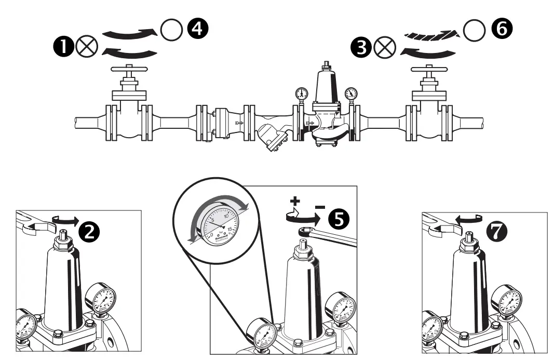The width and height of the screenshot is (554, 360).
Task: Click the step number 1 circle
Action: point(63,47)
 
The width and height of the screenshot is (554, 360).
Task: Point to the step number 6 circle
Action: point(500,30)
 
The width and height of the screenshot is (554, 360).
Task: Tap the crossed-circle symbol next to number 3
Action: point(384,48)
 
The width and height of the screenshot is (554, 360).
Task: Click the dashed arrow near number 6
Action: point(431,34)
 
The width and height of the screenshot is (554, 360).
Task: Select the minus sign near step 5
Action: point(320,207)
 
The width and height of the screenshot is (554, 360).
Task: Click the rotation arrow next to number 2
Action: point(66,220)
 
